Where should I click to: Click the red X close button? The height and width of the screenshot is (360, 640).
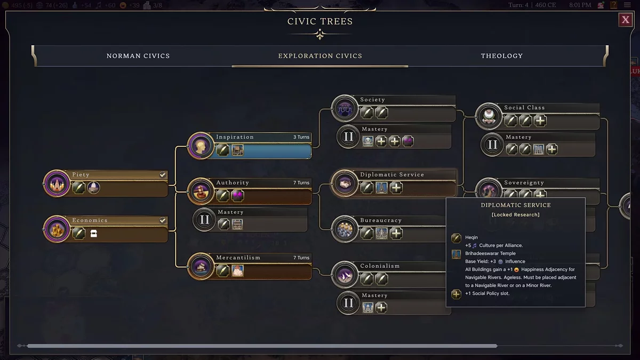point(625,20)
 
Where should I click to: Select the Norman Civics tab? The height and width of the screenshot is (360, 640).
point(138,56)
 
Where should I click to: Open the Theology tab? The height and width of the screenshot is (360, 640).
point(501,56)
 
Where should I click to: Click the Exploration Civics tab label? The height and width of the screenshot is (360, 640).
point(320,56)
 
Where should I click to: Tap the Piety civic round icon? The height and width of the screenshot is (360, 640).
point(57,183)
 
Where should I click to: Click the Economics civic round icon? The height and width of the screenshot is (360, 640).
point(57,229)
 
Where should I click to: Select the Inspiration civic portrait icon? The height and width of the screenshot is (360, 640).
point(201,146)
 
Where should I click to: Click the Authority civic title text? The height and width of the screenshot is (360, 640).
point(233,183)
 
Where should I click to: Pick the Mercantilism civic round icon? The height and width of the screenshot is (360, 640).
point(201,266)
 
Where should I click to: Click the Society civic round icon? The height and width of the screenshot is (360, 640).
point(345,108)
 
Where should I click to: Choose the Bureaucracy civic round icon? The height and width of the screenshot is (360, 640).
point(345,229)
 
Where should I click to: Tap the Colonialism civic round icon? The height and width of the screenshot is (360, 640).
point(345,274)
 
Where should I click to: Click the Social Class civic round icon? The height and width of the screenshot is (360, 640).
point(489,116)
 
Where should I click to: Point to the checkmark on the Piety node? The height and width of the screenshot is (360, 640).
point(163,175)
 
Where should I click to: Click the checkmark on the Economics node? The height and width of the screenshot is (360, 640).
point(163,220)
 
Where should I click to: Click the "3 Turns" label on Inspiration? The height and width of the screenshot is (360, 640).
point(301,137)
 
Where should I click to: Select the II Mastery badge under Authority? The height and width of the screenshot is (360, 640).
point(204,220)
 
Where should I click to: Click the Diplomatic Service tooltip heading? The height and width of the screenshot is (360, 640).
point(516,205)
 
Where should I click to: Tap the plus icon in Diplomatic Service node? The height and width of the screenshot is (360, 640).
point(396,188)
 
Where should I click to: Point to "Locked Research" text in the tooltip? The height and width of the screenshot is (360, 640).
point(516,215)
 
